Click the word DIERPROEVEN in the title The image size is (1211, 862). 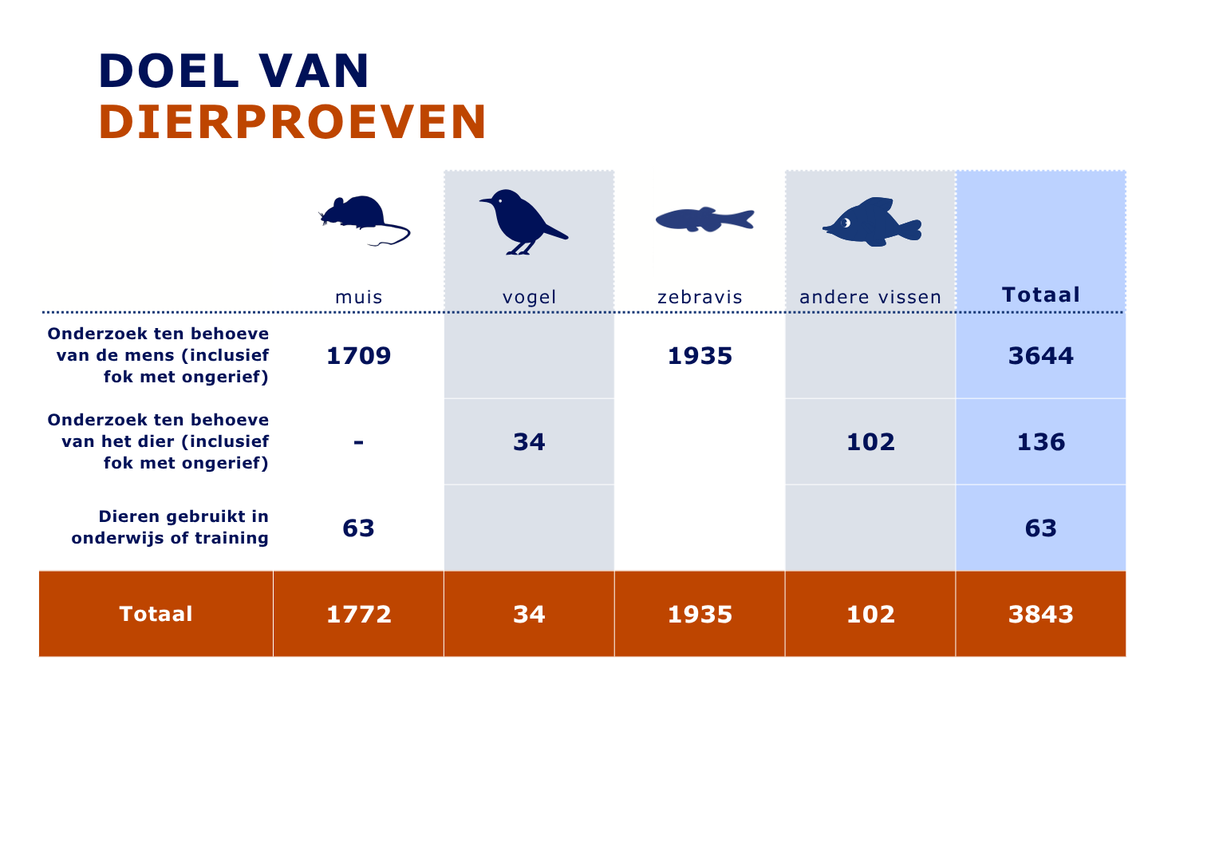[293, 122]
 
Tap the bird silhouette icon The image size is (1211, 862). [523, 222]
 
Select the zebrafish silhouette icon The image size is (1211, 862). [704, 219]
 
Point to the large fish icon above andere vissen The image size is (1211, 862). [872, 222]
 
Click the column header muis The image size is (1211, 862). [359, 297]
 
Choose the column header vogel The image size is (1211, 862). [529, 298]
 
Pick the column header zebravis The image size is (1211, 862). [700, 297]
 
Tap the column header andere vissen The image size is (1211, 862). [870, 297]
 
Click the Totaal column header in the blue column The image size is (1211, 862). [1041, 295]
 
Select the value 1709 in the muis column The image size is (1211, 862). [359, 356]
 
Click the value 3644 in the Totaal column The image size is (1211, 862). [1041, 356]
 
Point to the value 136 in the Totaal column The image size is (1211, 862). [1041, 442]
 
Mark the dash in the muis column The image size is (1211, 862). [359, 443]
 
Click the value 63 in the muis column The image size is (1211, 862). [358, 528]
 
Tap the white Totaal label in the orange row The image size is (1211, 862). [156, 614]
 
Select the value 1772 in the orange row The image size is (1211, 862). [359, 615]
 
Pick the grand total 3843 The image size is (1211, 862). [1041, 615]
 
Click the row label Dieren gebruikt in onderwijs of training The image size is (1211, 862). [170, 528]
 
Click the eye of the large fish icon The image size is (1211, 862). [846, 223]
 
